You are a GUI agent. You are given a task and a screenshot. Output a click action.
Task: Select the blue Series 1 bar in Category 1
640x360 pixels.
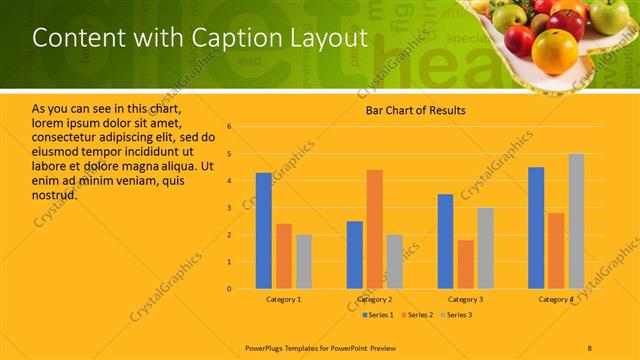(263, 230)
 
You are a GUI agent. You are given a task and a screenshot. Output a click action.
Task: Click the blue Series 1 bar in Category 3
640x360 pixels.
(445, 241)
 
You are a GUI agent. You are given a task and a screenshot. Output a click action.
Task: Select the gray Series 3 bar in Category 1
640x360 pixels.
(304, 261)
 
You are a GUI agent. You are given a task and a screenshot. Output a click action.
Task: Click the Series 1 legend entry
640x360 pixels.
(380, 315)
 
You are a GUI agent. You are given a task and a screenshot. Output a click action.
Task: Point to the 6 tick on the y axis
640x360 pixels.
(229, 127)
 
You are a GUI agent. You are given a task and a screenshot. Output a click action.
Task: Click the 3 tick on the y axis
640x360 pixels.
(229, 208)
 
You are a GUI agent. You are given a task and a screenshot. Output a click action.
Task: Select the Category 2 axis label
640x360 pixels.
(375, 299)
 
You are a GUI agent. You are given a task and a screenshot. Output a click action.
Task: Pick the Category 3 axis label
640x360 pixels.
(465, 299)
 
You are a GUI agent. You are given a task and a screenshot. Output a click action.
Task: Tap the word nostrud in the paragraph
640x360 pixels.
(55, 194)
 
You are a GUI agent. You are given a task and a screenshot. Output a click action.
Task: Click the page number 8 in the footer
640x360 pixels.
(589, 347)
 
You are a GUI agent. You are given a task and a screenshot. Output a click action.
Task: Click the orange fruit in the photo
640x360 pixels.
(555, 50)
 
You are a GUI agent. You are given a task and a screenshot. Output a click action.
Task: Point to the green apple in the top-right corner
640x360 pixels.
(607, 14)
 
